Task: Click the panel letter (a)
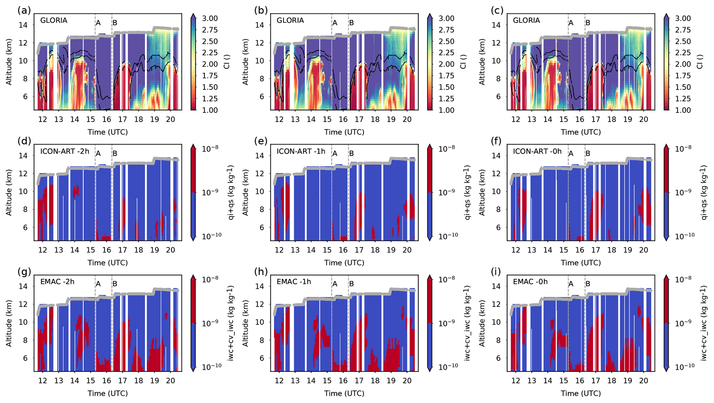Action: coord(24,10)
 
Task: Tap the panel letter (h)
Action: coord(261,272)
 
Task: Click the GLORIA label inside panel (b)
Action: coord(290,20)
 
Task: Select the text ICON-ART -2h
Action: coord(65,151)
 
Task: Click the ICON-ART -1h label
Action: coord(301,151)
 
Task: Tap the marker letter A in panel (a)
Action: coord(98,23)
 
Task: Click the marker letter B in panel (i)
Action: coord(588,284)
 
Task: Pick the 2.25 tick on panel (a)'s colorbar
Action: coord(210,53)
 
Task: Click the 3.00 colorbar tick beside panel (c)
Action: coord(683,18)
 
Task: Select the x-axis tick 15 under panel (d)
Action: coord(91,250)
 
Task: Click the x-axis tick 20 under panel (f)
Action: coord(643,250)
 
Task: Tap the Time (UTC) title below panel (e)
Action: coord(344,263)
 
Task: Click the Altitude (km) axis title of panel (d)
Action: coord(9,193)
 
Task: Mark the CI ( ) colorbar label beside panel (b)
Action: coord(463,62)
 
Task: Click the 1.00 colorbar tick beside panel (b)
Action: coord(447,110)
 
